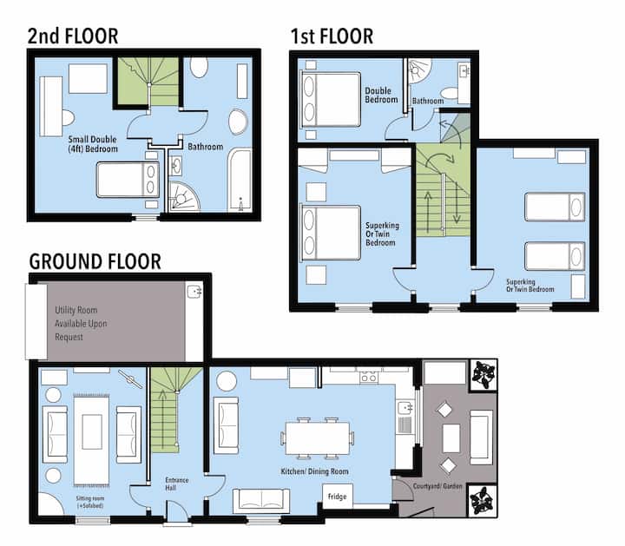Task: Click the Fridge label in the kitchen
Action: pyautogui.click(x=337, y=497)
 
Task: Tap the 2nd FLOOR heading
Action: pyautogui.click(x=73, y=36)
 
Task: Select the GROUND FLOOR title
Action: pyautogui.click(x=95, y=262)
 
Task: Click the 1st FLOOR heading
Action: pyautogui.click(x=332, y=36)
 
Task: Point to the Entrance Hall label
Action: pyautogui.click(x=176, y=484)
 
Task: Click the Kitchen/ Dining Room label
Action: pyautogui.click(x=314, y=471)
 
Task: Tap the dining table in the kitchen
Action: pyautogui.click(x=318, y=438)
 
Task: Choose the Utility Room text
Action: pyautogui.click(x=76, y=310)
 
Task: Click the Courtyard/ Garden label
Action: pyautogui.click(x=437, y=486)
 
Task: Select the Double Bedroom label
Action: pyautogui.click(x=381, y=95)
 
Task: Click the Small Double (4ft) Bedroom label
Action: pyautogui.click(x=93, y=144)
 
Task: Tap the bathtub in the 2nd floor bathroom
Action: pyautogui.click(x=240, y=180)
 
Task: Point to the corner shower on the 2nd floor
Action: pyautogui.click(x=183, y=196)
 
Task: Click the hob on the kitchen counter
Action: pyautogui.click(x=369, y=377)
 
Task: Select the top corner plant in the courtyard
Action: pyautogui.click(x=484, y=375)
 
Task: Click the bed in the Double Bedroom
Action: pyautogui.click(x=331, y=99)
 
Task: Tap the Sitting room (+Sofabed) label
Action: pyautogui.click(x=90, y=502)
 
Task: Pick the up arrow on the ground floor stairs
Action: pyautogui.click(x=162, y=419)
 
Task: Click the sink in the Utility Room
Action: pyautogui.click(x=194, y=292)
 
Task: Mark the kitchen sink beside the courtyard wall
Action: pyautogui.click(x=405, y=408)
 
